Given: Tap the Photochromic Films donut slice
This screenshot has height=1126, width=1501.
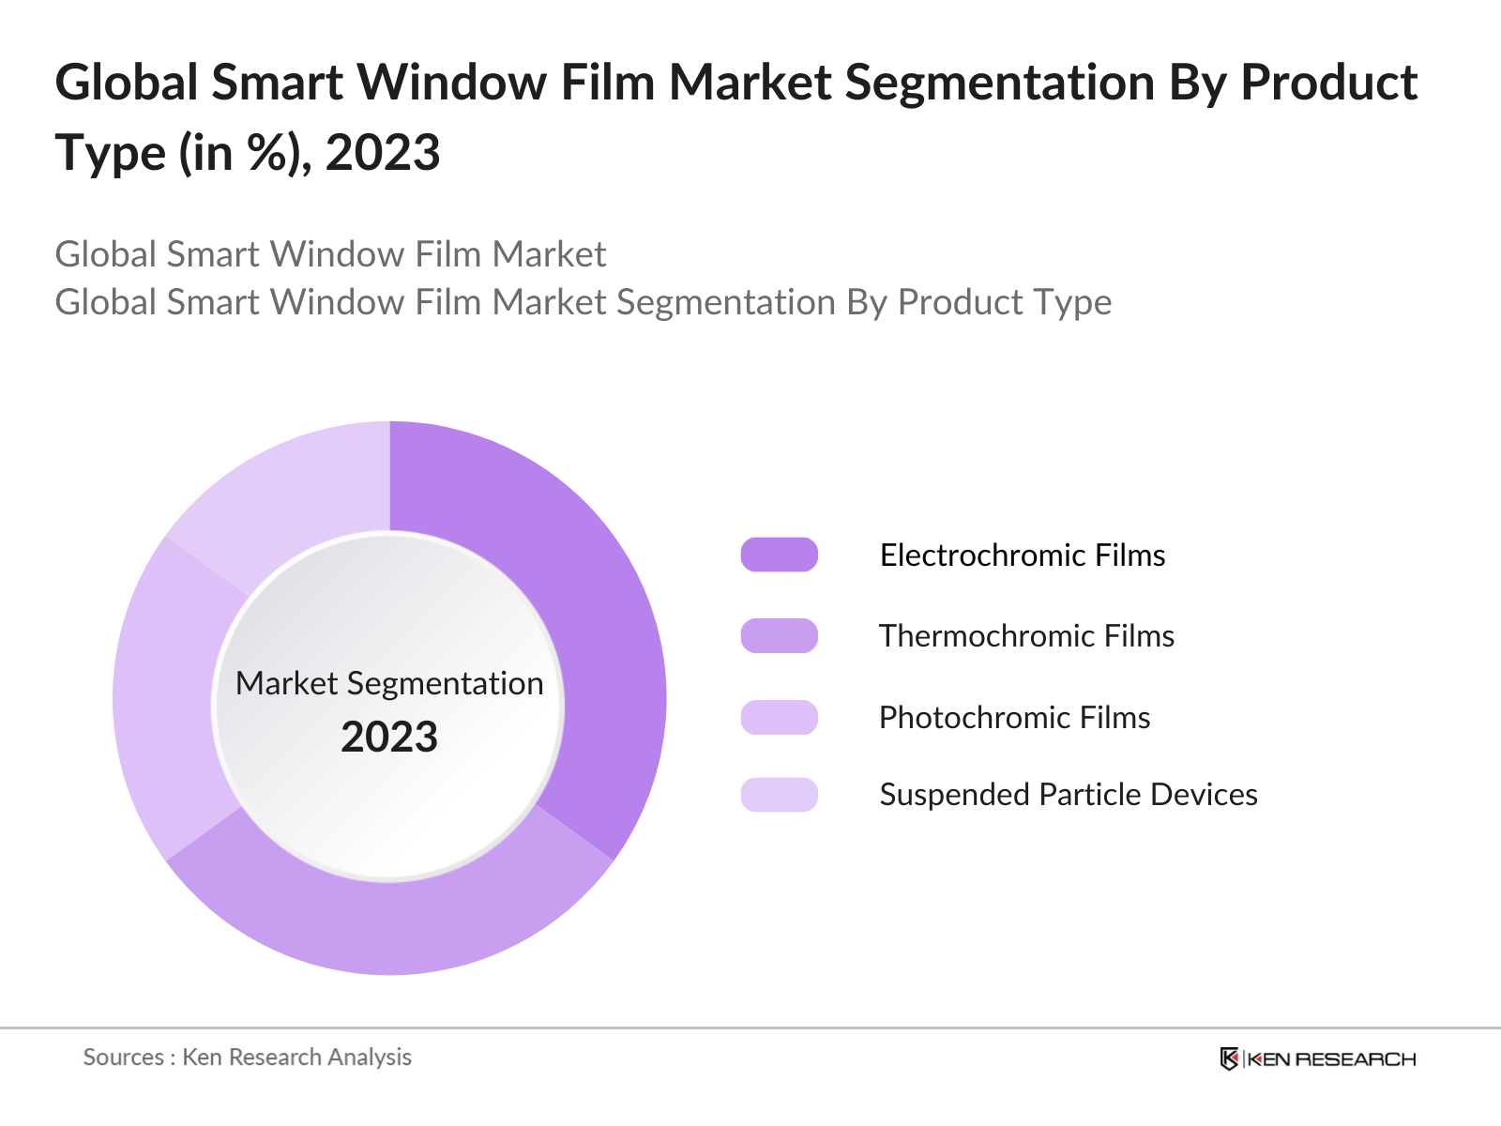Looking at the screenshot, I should point(169,699).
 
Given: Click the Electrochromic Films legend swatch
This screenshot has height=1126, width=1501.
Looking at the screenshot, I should point(779,555).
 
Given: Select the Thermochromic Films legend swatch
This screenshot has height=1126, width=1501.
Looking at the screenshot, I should point(779,635).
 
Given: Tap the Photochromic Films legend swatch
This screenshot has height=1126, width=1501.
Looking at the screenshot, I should point(779,717).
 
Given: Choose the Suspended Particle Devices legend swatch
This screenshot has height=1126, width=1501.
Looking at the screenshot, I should point(779,794).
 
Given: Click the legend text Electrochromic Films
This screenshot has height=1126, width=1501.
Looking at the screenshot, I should point(1022,555).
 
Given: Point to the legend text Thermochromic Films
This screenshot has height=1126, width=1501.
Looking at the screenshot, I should point(1026,635).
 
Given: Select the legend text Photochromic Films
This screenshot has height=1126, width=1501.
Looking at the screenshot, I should point(1014,717).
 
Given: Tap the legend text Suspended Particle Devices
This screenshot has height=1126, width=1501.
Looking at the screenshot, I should point(1068,794).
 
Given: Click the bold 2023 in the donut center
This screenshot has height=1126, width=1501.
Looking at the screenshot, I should point(389,737).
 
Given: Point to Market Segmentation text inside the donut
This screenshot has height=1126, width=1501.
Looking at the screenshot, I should point(389,683).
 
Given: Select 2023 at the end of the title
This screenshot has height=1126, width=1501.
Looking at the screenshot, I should point(383,153).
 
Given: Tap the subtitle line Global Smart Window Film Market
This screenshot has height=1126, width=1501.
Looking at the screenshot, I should point(330,254).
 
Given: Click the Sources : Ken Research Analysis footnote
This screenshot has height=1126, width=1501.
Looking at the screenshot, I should point(248,1057).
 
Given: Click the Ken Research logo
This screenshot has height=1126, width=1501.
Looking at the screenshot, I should point(1317,1058).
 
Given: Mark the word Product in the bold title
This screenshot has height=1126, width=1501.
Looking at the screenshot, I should point(1328,83).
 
